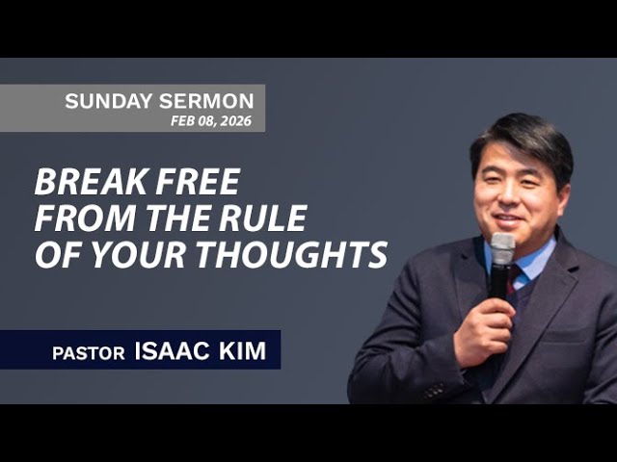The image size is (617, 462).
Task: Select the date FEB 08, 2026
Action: [x=211, y=121]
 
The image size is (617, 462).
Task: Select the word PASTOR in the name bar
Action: [x=89, y=352]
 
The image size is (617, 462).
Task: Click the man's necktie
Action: [x=516, y=279]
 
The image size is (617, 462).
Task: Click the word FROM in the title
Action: [x=78, y=218]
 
